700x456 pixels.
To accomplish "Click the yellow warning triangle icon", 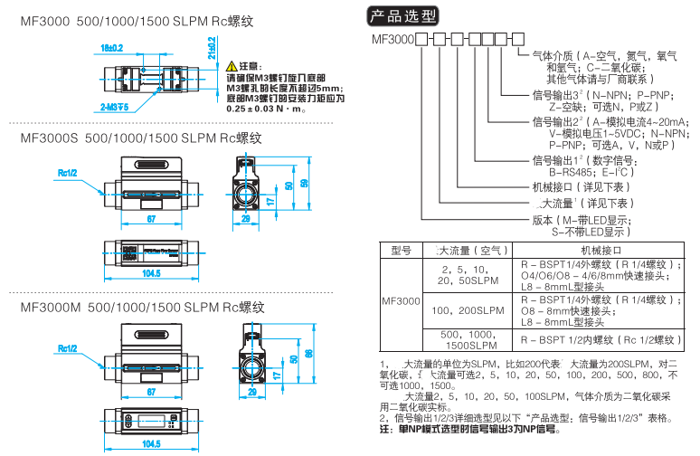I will click(233, 67).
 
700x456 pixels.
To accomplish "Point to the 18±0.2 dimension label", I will click(111, 47).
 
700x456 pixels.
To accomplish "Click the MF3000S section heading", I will click(142, 138).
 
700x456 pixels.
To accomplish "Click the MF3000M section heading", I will click(143, 307).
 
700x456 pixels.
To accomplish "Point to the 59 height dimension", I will click(306, 184).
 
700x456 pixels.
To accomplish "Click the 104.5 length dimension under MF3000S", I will click(152, 272).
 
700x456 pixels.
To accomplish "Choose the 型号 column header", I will click(401, 250).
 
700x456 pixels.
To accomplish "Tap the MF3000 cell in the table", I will click(401, 299).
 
